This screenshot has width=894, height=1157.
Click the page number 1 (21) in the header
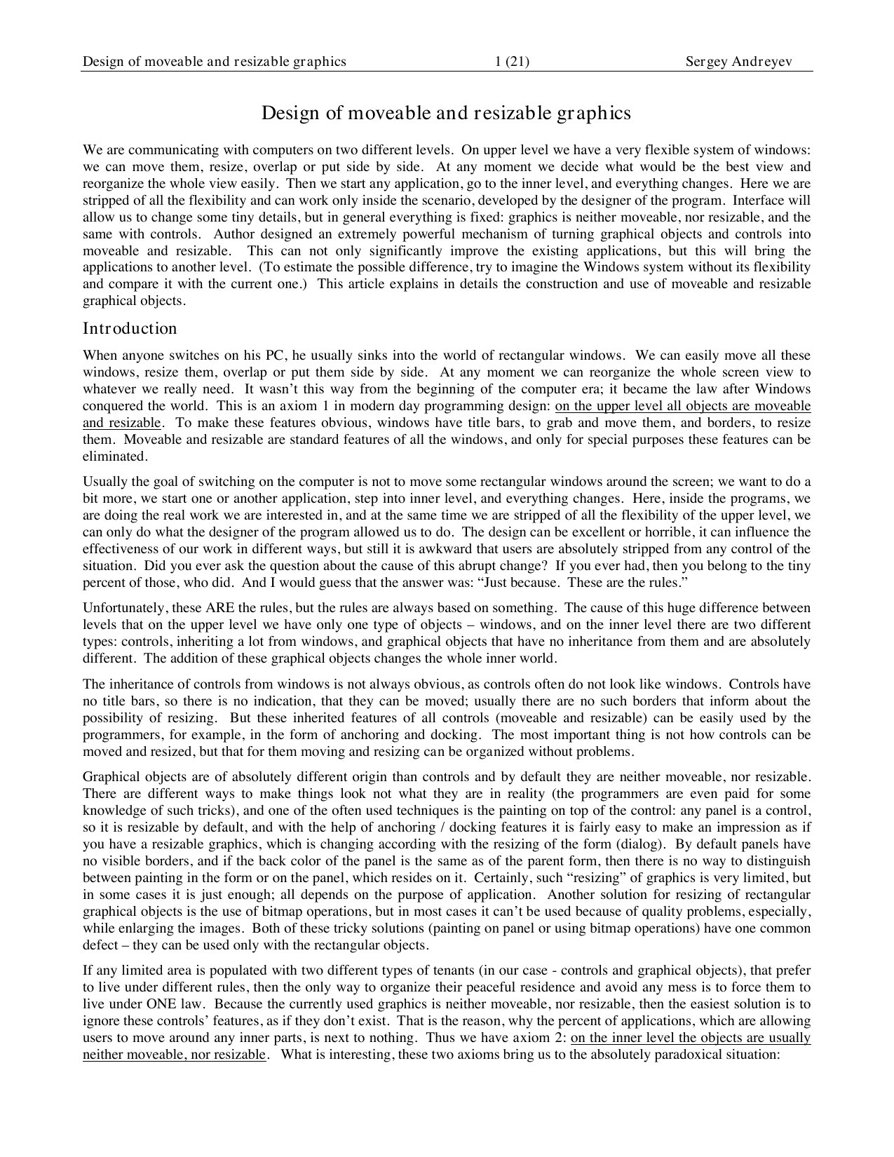click(x=512, y=62)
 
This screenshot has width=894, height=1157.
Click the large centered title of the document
click(x=447, y=113)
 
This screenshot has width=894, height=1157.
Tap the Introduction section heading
click(x=130, y=328)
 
